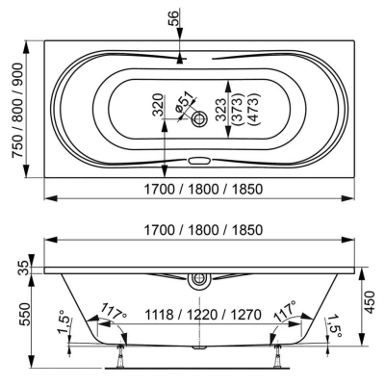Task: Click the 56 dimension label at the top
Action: coord(172,18)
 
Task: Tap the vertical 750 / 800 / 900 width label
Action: coord(17,110)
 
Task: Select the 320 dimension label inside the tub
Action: coord(158,105)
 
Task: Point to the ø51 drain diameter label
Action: coord(185,102)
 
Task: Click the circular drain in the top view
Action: coord(200,119)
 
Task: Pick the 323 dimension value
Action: coord(221,109)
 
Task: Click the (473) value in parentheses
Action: coord(253,109)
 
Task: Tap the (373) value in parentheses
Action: coord(237,109)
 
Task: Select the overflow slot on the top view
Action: coord(199,160)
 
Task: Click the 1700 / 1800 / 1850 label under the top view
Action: coord(203,189)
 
